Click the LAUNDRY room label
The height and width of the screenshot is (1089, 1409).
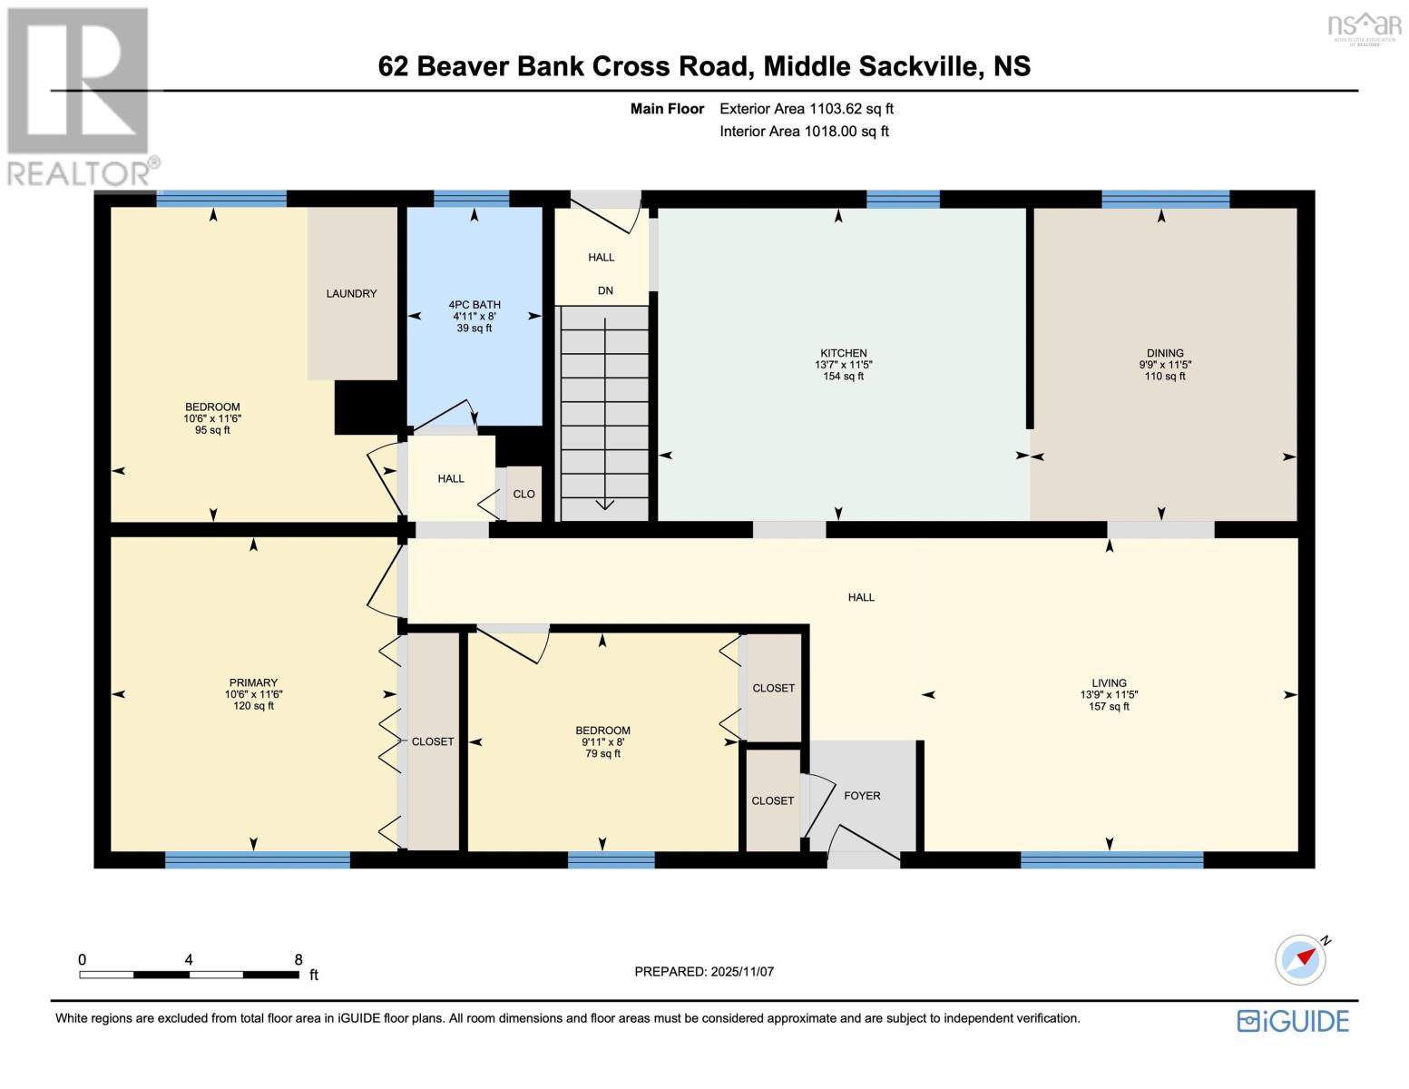click(x=351, y=293)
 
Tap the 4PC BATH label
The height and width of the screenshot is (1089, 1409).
click(x=474, y=305)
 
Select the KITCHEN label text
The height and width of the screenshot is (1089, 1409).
click(x=843, y=353)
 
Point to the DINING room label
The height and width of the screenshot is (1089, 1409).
click(x=1164, y=353)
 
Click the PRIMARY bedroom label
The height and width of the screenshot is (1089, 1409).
click(x=253, y=682)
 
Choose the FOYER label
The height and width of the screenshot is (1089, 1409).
click(x=862, y=795)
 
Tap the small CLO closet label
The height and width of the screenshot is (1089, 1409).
click(x=523, y=494)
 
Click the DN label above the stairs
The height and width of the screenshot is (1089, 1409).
click(x=605, y=290)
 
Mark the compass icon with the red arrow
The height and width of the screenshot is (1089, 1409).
click(x=1300, y=959)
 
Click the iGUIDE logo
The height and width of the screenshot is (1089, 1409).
click(x=1293, y=1021)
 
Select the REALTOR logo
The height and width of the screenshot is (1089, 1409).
click(x=80, y=95)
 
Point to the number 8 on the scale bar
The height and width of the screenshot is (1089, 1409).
click(x=298, y=959)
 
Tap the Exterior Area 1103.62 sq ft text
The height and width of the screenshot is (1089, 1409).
click(x=806, y=109)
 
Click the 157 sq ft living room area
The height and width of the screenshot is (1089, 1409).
click(x=1109, y=706)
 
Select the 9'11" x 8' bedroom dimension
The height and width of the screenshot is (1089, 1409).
click(x=602, y=741)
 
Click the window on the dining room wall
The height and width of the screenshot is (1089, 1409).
click(x=1165, y=199)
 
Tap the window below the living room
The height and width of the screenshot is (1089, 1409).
click(x=1111, y=859)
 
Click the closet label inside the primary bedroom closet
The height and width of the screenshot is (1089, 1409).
click(x=433, y=741)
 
